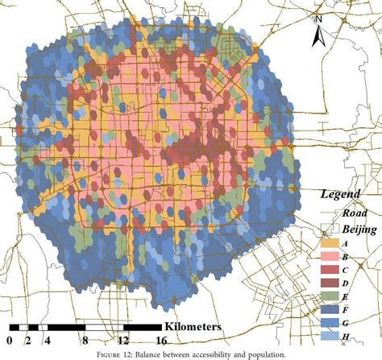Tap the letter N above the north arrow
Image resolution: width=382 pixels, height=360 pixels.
(320, 19)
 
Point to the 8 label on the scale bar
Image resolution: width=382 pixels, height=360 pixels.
(86, 341)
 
